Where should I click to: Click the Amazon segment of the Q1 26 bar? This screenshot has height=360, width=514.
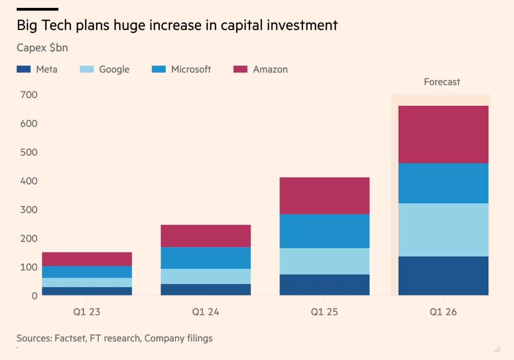(x=443, y=135)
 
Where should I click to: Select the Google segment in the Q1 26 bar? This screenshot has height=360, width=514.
(x=443, y=230)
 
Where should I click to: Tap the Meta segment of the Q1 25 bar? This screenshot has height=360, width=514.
(x=324, y=285)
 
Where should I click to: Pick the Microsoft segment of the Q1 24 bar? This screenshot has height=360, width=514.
(x=205, y=258)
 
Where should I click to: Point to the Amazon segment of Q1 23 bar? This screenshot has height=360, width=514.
(x=87, y=259)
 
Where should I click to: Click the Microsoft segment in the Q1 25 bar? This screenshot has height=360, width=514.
(x=324, y=231)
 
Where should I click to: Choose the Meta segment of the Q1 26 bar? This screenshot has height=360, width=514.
(x=443, y=276)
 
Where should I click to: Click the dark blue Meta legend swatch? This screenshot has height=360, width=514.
(x=23, y=70)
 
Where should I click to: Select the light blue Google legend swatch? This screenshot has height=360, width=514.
(x=86, y=70)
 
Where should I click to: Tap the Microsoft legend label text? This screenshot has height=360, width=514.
(x=191, y=70)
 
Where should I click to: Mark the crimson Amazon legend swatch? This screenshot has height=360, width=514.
(x=240, y=70)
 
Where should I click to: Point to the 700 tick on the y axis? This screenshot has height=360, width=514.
(x=29, y=95)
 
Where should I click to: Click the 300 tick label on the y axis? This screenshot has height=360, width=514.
(x=29, y=209)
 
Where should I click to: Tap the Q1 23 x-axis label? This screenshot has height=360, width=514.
(x=87, y=312)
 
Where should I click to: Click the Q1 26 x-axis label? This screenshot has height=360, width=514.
(x=443, y=312)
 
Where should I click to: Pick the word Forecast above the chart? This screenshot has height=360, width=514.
(x=442, y=82)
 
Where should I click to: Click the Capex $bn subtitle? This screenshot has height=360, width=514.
(x=42, y=48)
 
